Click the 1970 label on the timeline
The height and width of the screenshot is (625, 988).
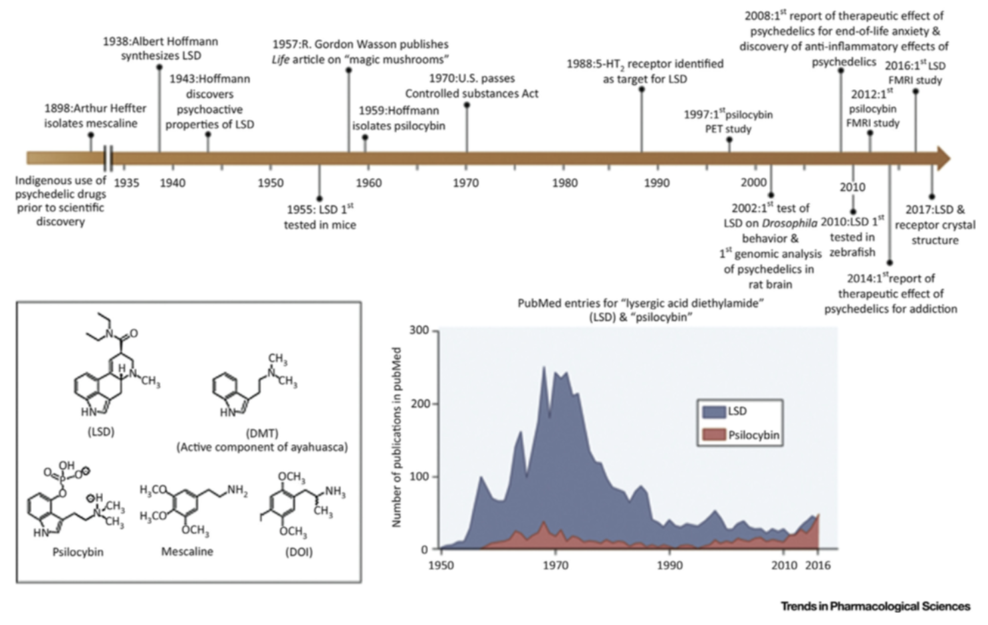[465, 183]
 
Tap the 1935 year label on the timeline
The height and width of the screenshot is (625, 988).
[126, 183]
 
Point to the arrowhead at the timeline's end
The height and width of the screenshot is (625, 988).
[943, 158]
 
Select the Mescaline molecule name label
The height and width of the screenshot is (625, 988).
[187, 552]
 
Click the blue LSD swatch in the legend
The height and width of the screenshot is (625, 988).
[714, 412]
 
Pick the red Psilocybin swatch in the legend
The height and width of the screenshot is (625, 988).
[714, 436]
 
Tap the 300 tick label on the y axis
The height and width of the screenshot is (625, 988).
[419, 330]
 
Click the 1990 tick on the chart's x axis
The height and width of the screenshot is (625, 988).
[670, 565]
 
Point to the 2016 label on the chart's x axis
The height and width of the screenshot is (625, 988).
[818, 565]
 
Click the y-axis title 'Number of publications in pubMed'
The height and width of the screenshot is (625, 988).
[397, 437]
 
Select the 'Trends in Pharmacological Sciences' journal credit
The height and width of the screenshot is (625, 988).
[875, 606]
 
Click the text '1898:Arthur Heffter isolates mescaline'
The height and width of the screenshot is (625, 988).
[95, 116]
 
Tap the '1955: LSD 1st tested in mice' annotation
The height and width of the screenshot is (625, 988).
[320, 217]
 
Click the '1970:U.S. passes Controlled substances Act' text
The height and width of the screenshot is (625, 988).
[471, 86]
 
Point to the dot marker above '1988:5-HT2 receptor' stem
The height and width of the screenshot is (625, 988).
[642, 89]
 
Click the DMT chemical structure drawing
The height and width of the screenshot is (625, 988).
[253, 386]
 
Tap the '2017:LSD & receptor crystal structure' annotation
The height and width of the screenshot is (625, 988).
[935, 225]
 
